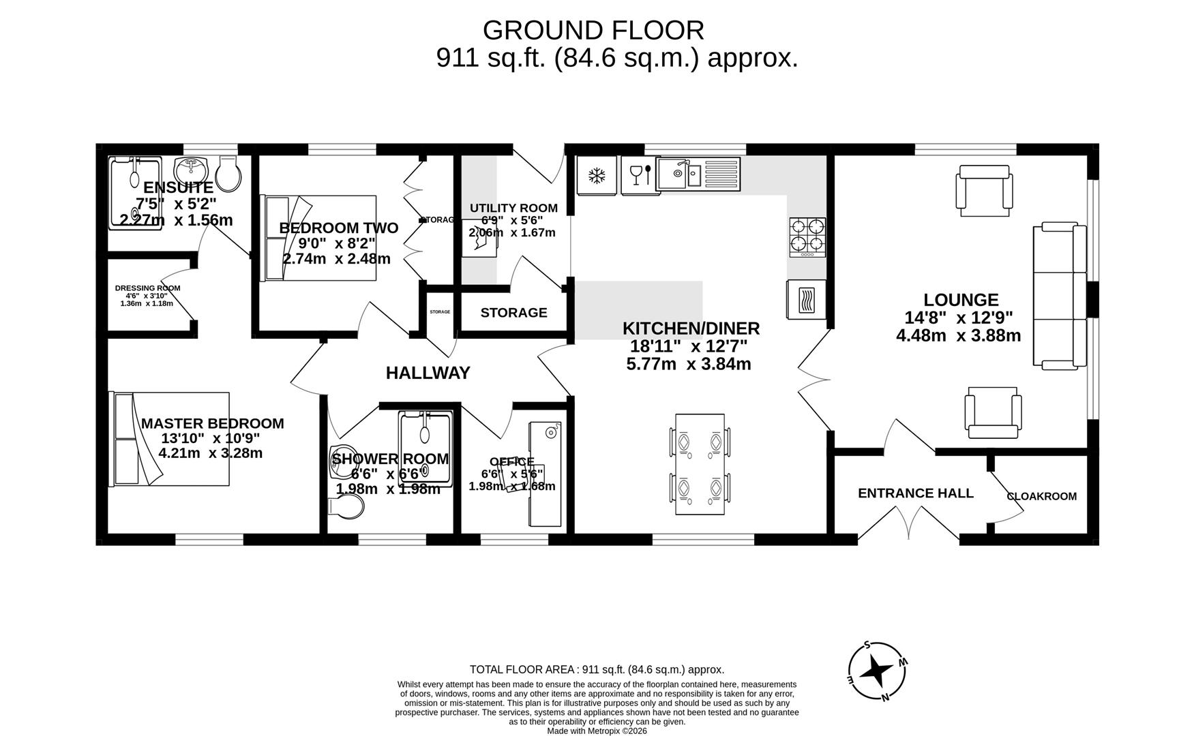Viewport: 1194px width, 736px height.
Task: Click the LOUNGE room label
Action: tap(961, 299)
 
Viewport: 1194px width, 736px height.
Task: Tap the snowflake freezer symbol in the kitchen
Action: tap(597, 177)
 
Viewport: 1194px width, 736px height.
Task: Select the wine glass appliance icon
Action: tap(640, 175)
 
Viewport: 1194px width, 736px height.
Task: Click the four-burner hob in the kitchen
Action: tap(807, 236)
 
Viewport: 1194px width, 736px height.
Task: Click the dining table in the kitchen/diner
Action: tap(700, 464)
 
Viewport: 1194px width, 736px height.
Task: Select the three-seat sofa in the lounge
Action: tap(1060, 296)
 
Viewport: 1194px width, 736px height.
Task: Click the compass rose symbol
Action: tap(877, 671)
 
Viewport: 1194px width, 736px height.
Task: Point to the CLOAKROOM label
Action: tap(1041, 496)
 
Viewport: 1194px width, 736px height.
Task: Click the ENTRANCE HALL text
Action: tap(915, 493)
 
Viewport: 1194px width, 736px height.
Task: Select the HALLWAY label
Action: tap(428, 373)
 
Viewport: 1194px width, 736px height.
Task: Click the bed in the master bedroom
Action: tap(170, 438)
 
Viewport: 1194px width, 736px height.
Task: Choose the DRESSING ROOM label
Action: tap(147, 288)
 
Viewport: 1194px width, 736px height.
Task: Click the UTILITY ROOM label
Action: tap(513, 208)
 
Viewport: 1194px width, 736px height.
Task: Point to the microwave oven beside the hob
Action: tap(806, 299)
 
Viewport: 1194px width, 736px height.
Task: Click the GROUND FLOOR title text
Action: tap(593, 31)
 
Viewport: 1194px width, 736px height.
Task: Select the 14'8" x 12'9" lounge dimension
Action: tap(958, 318)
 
